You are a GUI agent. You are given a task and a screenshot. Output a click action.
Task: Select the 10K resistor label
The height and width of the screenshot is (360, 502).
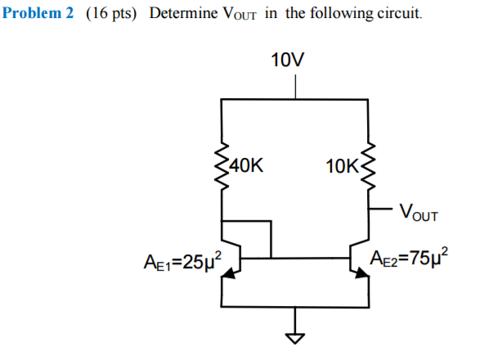pos(340,166)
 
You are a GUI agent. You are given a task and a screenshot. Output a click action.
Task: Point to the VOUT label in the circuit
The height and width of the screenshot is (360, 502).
pos(418,215)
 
